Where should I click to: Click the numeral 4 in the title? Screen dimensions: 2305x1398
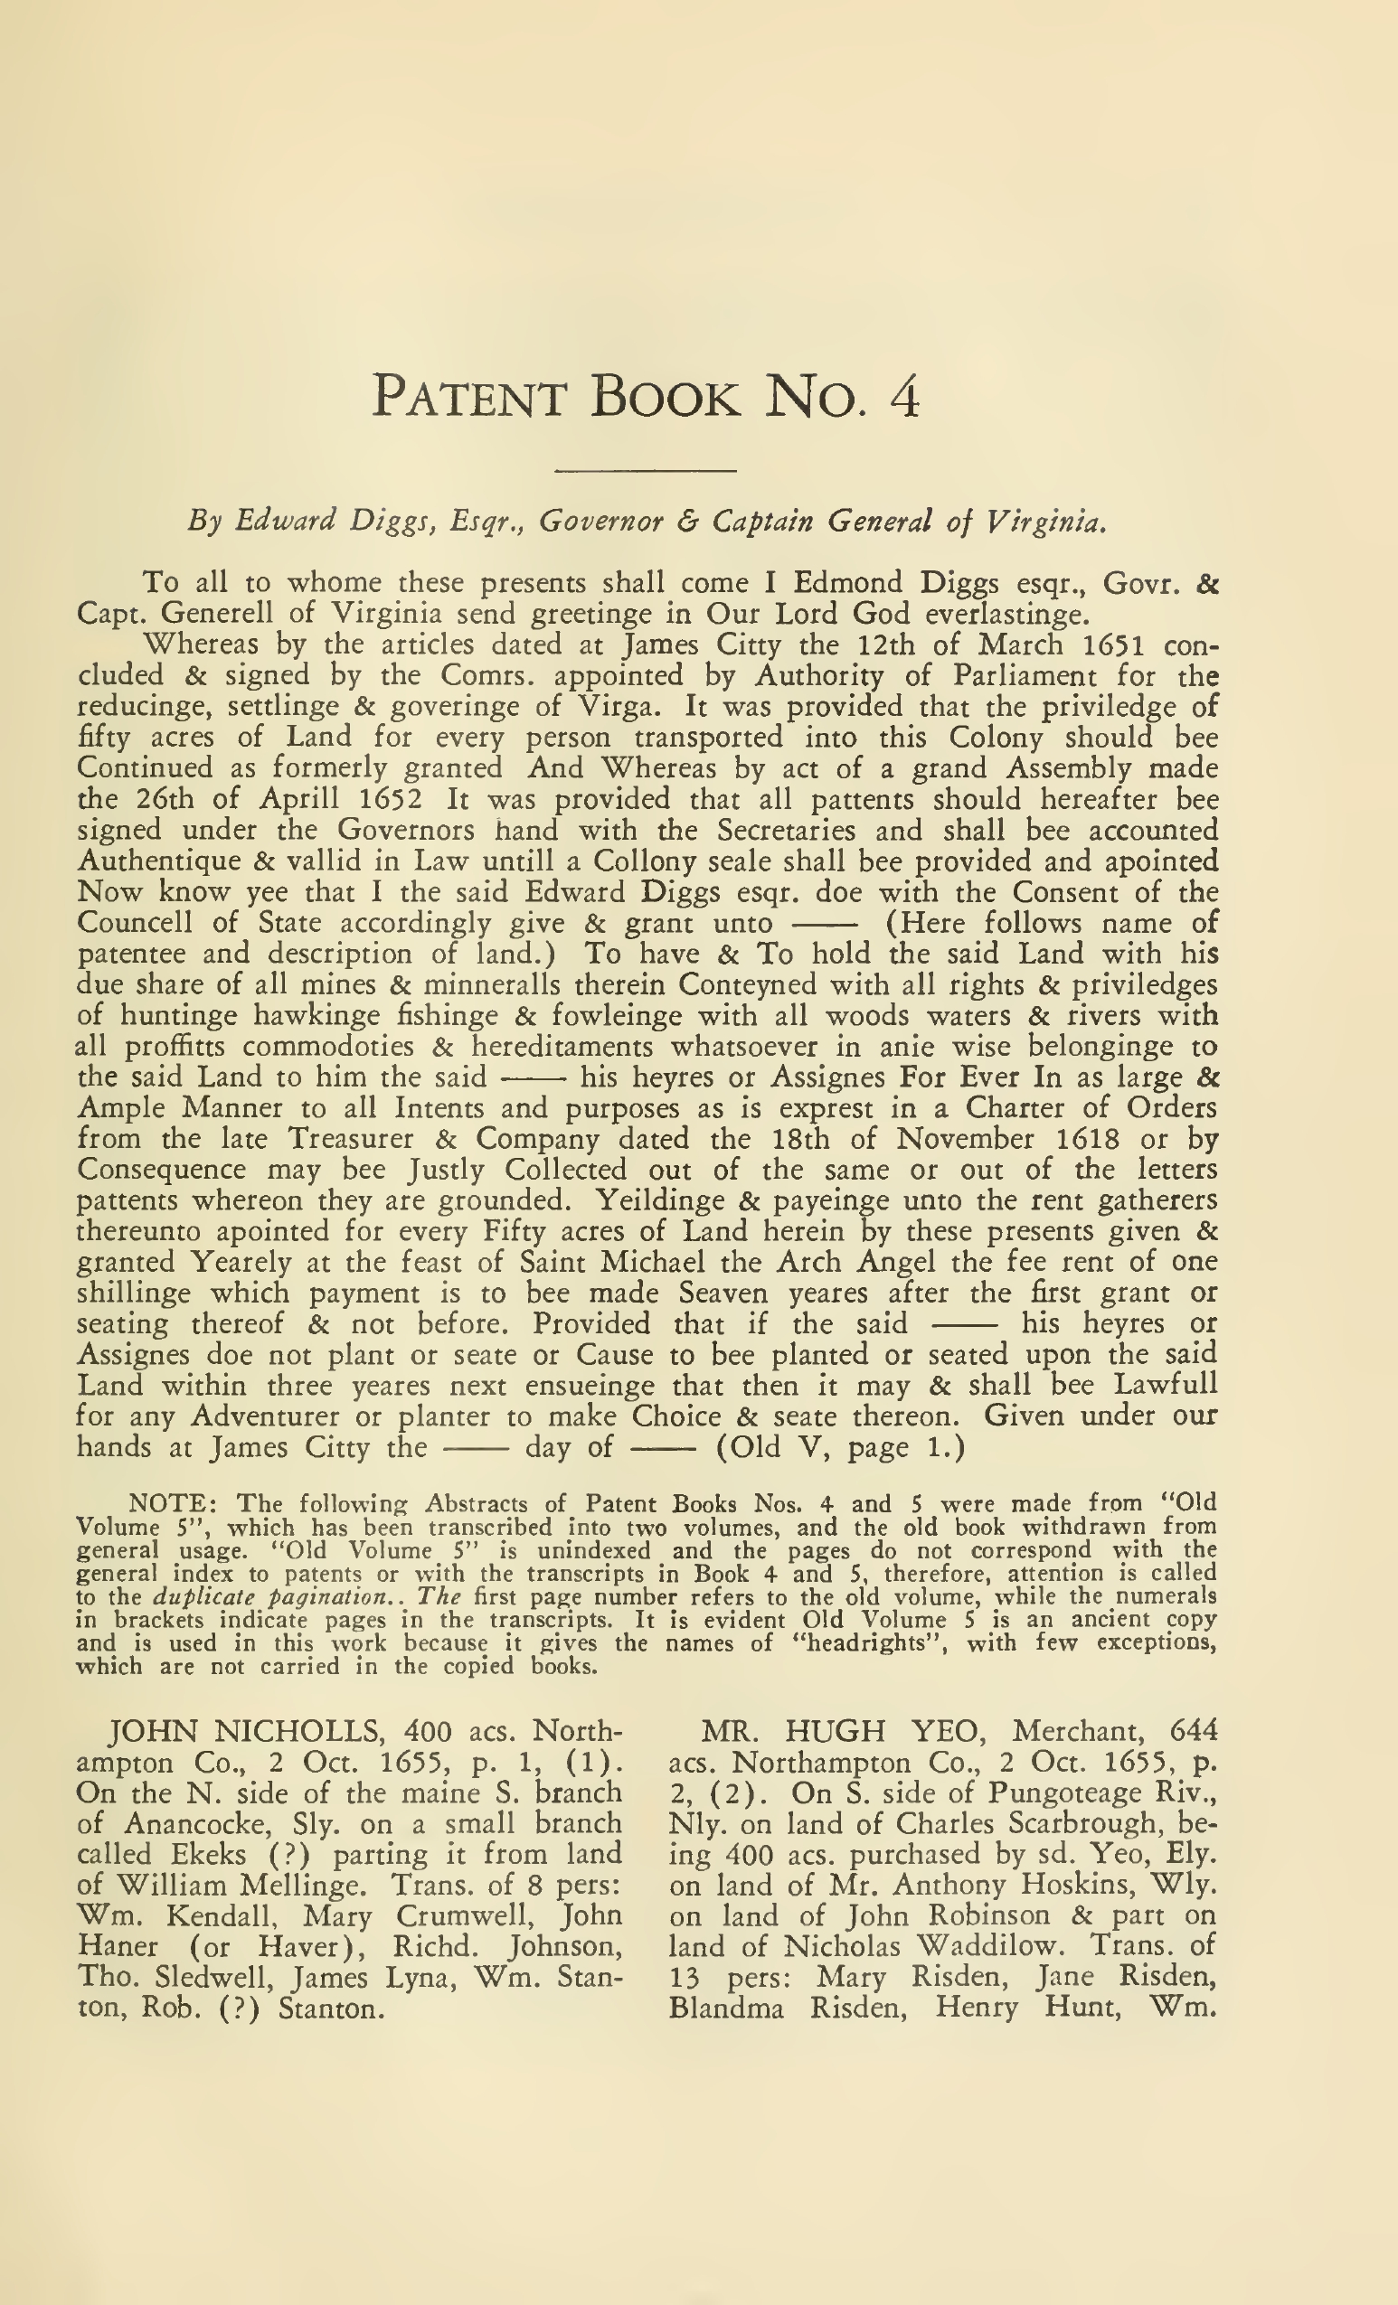click(904, 398)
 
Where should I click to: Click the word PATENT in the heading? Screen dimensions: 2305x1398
click(468, 398)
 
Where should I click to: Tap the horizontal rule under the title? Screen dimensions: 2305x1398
click(646, 471)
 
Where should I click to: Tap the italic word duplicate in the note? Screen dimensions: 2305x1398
click(194, 1596)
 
